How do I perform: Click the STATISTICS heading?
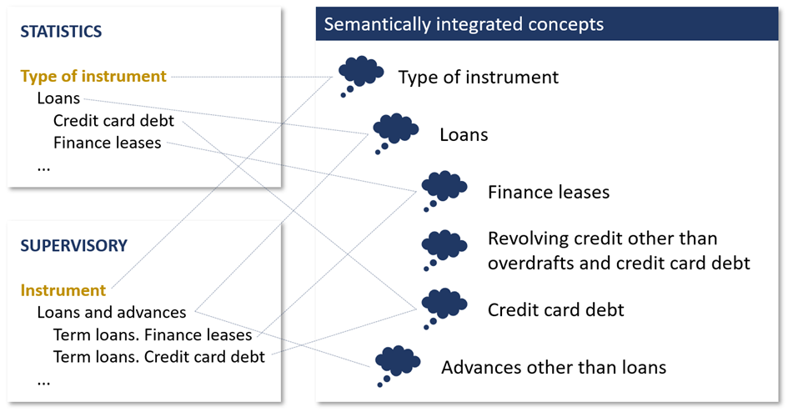pos(61,32)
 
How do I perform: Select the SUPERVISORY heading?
pos(74,246)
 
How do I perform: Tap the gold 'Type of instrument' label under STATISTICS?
pos(93,77)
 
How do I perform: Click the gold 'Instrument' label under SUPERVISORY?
pos(63,291)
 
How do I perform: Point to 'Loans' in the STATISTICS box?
pos(58,98)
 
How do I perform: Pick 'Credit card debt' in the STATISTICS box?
pos(113,121)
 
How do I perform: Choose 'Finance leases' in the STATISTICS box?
pos(107,143)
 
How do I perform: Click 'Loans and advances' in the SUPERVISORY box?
pos(112,313)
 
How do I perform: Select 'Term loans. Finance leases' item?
pos(152,335)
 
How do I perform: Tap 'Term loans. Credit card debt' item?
pos(158,357)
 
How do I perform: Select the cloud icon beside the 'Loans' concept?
pos(395,130)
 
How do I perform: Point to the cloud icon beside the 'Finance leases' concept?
pos(444,187)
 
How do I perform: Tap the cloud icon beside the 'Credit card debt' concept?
pos(444,305)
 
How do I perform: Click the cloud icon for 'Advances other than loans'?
pos(397,362)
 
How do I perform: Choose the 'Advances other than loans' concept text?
pos(554,367)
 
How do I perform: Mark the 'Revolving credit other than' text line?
pos(602,239)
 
